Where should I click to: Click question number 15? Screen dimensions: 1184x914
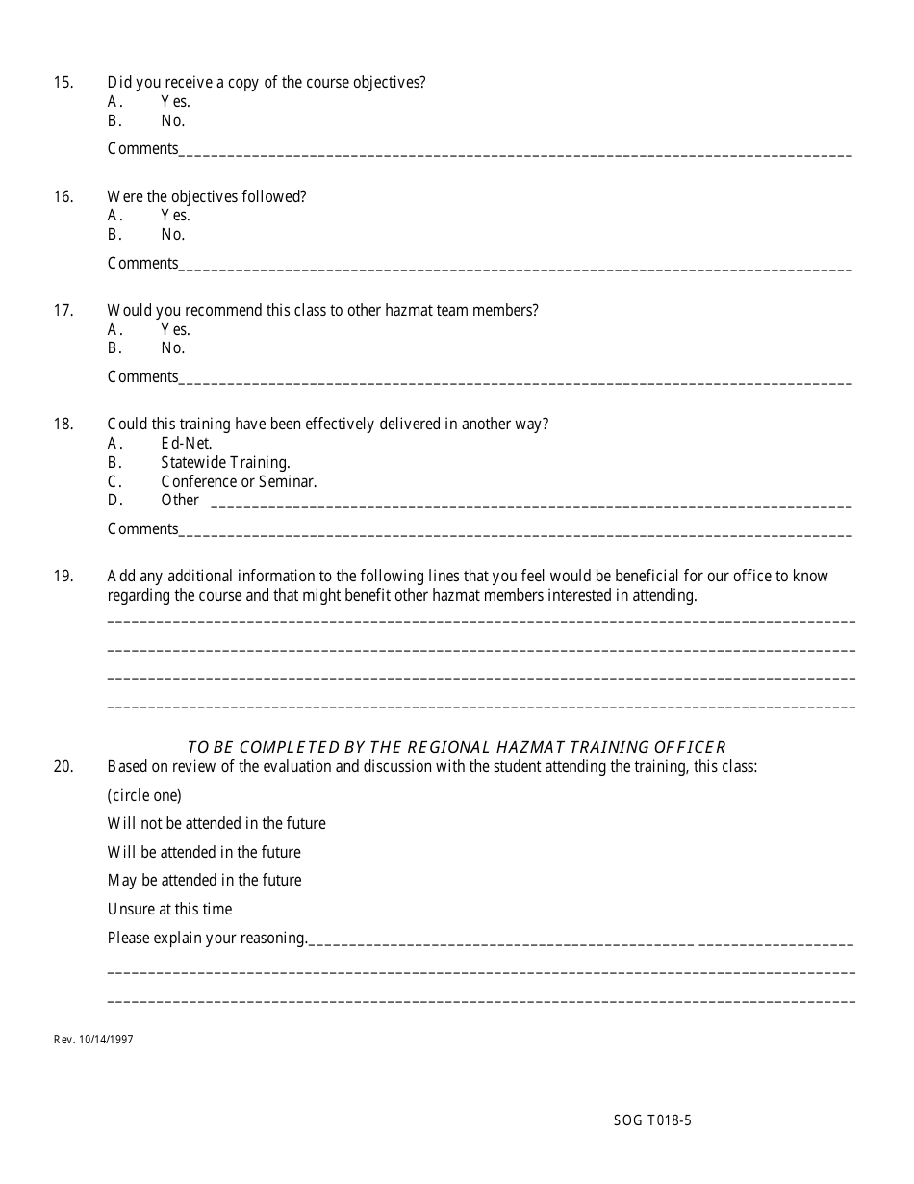coord(63,83)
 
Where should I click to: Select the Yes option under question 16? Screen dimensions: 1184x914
coord(175,216)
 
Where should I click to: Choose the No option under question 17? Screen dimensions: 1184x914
coord(172,348)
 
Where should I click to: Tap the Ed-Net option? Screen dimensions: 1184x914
coord(186,444)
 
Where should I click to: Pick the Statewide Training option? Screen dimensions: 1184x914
coord(225,462)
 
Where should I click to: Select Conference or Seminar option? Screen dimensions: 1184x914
coord(239,481)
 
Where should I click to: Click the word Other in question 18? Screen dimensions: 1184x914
coord(180,501)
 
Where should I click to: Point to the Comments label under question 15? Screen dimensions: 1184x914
coord(142,149)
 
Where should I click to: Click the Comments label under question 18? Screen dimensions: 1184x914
coord(142,529)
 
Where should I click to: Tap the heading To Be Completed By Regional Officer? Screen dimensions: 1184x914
coord(456,747)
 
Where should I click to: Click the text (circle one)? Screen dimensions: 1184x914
coord(144,796)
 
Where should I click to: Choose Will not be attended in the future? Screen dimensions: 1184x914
coord(216,824)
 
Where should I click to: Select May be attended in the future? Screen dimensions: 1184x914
coord(204,881)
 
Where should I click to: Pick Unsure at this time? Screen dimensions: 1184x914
coord(169,910)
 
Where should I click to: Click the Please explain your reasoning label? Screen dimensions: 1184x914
coord(207,939)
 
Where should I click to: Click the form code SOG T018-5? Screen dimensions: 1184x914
coord(652,1120)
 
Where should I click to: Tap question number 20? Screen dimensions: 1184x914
coord(63,767)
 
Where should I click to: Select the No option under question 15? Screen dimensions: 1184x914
coord(172,121)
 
